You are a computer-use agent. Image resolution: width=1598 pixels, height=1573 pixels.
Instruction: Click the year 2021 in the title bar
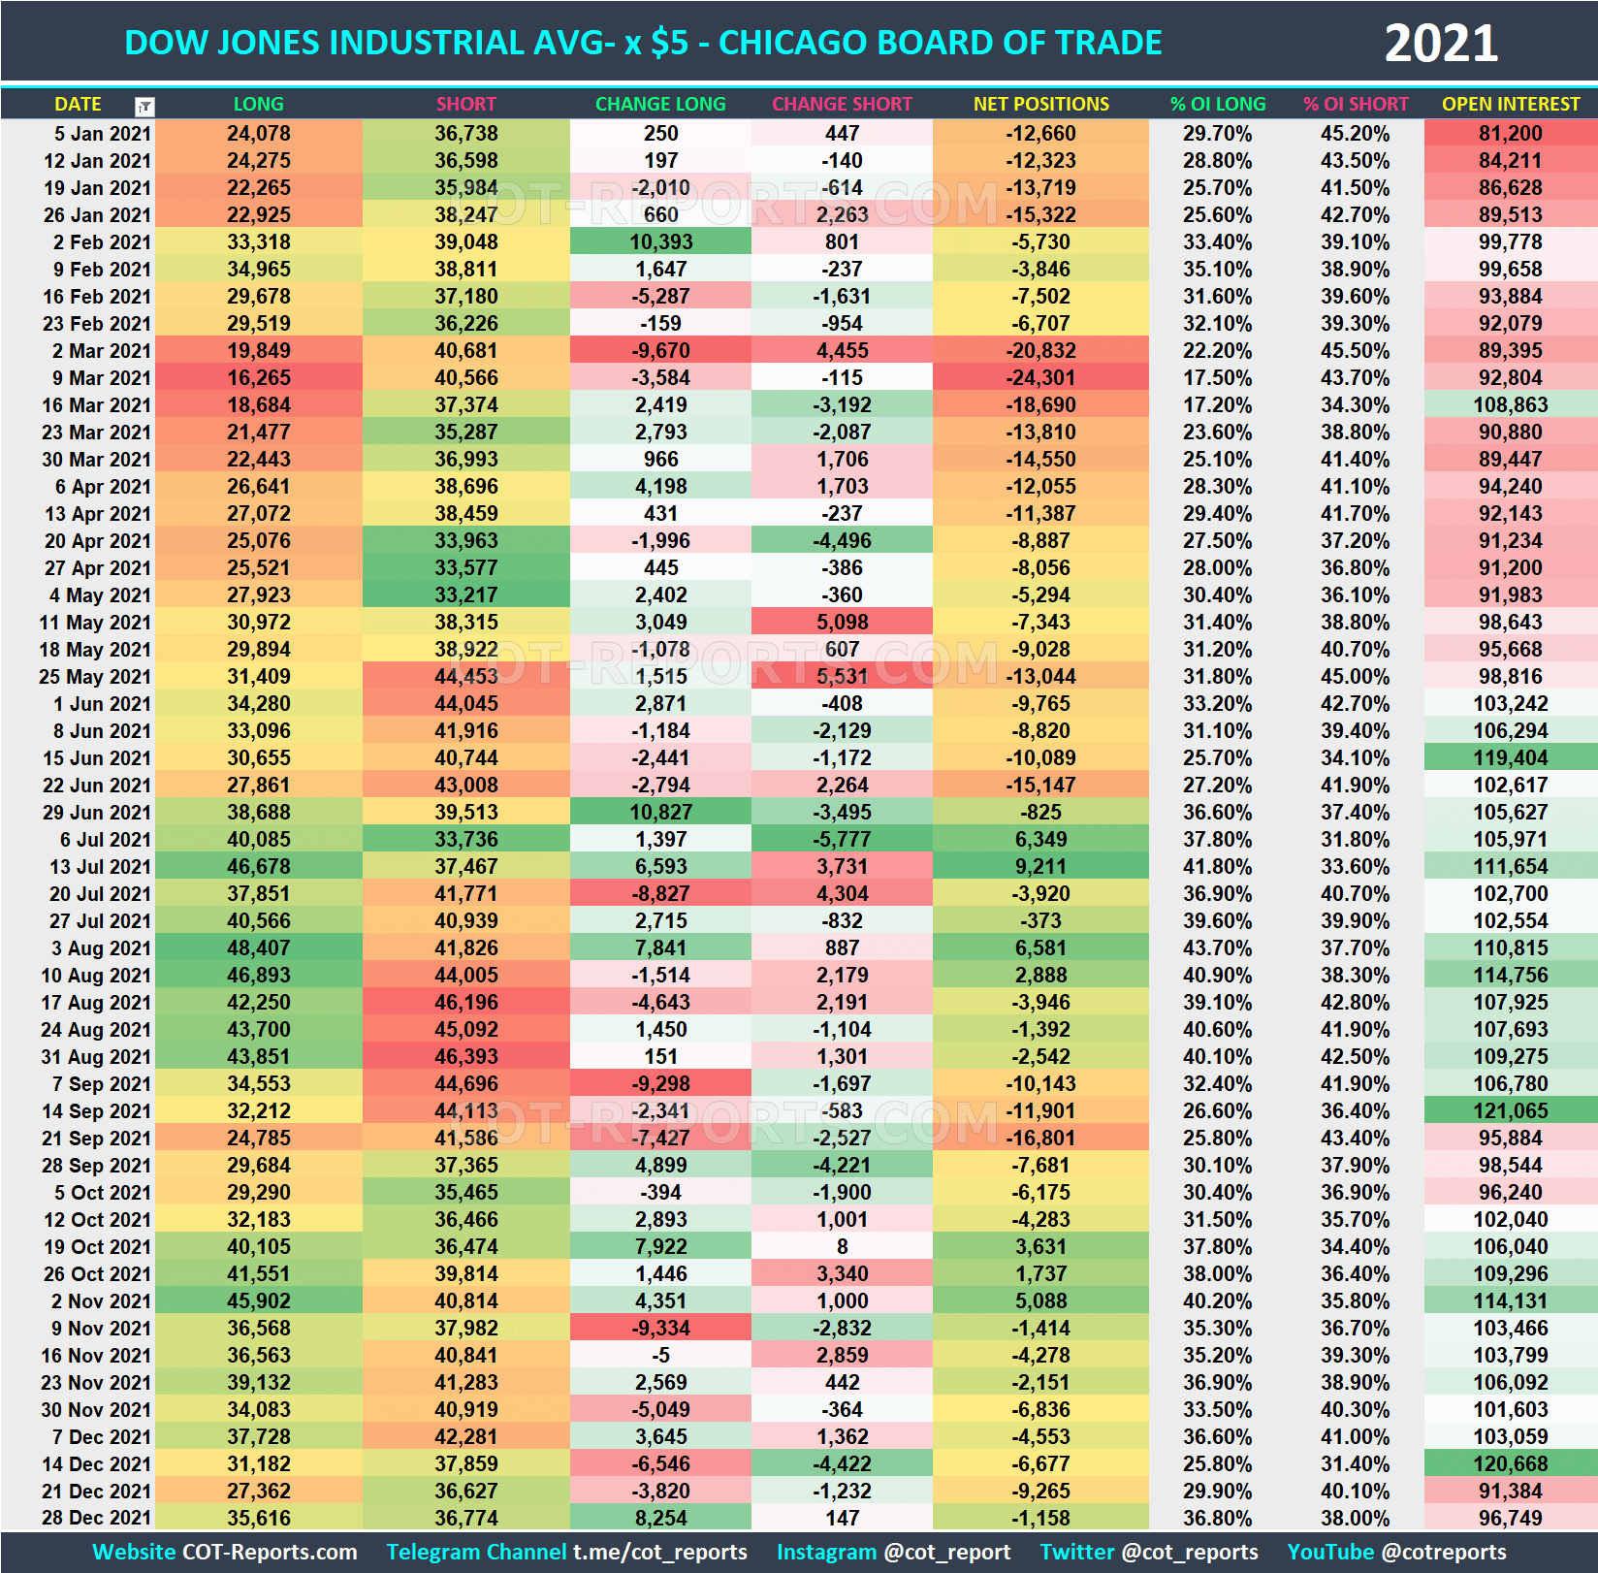[1440, 44]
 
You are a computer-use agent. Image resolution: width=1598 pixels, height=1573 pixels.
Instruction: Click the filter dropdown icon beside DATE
[144, 106]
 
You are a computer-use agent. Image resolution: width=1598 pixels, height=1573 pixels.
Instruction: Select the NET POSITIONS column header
[1040, 104]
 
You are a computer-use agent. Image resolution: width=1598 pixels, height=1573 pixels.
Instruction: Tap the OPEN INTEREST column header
[1510, 104]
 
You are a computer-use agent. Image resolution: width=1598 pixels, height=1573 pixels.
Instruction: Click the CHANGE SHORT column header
[842, 104]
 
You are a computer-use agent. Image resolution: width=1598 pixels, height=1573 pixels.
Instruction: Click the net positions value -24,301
[1040, 378]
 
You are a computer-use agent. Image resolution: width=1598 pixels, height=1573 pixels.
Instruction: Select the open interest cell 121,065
[1510, 1111]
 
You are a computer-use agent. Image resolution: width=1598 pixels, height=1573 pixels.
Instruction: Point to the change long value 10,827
[660, 813]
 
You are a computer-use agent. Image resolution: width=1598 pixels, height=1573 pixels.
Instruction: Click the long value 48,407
[258, 948]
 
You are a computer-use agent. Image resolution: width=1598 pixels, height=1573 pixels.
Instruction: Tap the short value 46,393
[465, 1057]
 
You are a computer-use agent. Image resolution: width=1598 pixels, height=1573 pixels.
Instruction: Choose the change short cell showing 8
[842, 1247]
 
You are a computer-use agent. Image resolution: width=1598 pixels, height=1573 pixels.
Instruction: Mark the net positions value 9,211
[1040, 867]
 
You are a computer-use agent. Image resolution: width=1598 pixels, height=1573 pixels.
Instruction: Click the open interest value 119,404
[1510, 758]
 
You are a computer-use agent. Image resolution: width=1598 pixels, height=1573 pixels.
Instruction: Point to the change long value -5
[660, 1356]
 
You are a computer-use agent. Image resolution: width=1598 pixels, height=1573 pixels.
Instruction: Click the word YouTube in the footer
[1329, 1553]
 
